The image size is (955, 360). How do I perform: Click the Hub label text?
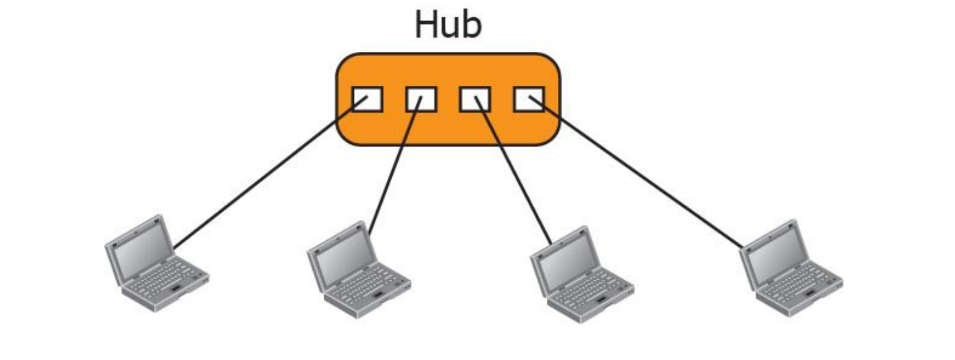447,26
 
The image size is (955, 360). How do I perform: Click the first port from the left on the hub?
368,99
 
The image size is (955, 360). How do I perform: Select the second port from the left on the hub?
421,99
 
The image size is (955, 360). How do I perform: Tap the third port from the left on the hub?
475,99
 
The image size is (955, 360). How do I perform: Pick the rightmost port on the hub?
529,99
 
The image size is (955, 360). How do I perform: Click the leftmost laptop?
156,262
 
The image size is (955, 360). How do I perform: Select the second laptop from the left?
358,269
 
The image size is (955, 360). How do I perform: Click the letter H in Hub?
426,26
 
